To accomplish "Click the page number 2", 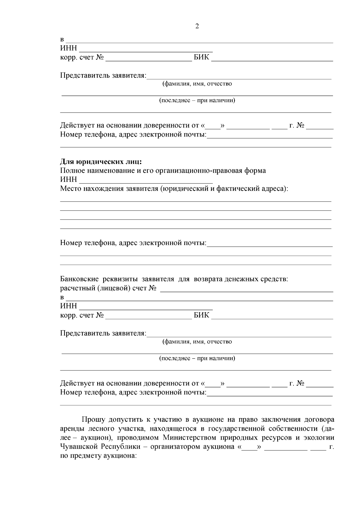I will click(197, 26).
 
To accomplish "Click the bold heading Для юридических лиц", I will click(101, 162).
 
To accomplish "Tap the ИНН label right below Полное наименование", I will click(68, 180).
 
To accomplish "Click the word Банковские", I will click(79, 279).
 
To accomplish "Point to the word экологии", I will click(319, 438).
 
